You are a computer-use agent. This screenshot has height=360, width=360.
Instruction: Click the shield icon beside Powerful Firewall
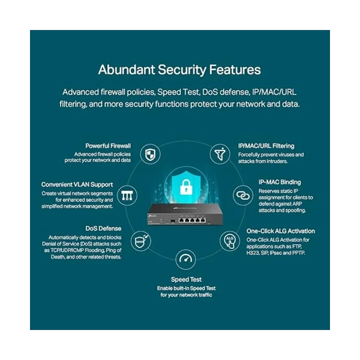(150, 154)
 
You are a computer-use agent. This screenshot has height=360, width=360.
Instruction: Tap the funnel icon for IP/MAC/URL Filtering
(220, 154)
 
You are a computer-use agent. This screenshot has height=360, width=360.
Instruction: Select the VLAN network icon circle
(127, 196)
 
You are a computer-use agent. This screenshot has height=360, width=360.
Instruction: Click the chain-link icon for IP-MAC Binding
(243, 196)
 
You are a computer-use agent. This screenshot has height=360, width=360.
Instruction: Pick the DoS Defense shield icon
(141, 241)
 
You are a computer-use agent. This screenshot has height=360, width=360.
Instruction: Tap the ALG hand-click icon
(230, 241)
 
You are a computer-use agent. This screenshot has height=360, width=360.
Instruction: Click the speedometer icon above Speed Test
(185, 259)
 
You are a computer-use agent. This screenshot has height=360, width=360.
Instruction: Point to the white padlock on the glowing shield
(186, 187)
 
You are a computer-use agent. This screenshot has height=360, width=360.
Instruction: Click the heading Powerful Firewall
(108, 146)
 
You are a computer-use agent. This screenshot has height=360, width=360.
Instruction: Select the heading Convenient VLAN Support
(77, 185)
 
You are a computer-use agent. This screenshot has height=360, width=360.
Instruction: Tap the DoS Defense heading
(103, 229)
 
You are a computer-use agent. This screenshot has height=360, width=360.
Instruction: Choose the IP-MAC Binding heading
(280, 182)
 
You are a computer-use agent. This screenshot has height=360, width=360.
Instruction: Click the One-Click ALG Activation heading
(281, 231)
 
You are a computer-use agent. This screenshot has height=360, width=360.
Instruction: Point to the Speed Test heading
(186, 280)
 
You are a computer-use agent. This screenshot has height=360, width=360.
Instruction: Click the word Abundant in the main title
(127, 70)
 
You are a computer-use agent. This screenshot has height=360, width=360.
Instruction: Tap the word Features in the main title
(235, 70)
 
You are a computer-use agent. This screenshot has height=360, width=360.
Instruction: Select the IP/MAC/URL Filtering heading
(266, 146)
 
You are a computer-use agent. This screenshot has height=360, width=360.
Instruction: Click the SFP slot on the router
(173, 221)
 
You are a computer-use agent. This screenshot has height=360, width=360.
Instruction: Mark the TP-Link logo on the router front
(152, 215)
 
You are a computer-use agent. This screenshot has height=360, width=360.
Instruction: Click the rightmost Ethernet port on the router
(203, 220)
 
